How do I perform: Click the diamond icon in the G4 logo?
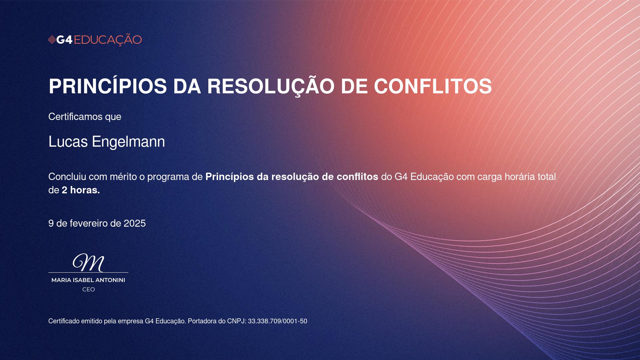tap(52, 40)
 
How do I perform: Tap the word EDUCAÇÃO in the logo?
tap(108, 40)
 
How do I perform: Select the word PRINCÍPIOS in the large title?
tap(108, 86)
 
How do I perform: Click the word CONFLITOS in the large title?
tap(433, 86)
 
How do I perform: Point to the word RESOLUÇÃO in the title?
tap(271, 87)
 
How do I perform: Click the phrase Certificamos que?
tap(85, 117)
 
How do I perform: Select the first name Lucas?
tap(68, 142)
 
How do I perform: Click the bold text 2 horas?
tap(81, 190)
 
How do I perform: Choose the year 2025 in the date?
tap(135, 223)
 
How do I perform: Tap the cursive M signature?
tap(88, 263)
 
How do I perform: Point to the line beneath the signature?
tap(88, 272)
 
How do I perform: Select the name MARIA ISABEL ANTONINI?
tap(88, 280)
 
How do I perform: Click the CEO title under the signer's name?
tap(89, 289)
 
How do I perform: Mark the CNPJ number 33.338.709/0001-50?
tap(278, 321)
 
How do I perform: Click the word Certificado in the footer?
tap(64, 321)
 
